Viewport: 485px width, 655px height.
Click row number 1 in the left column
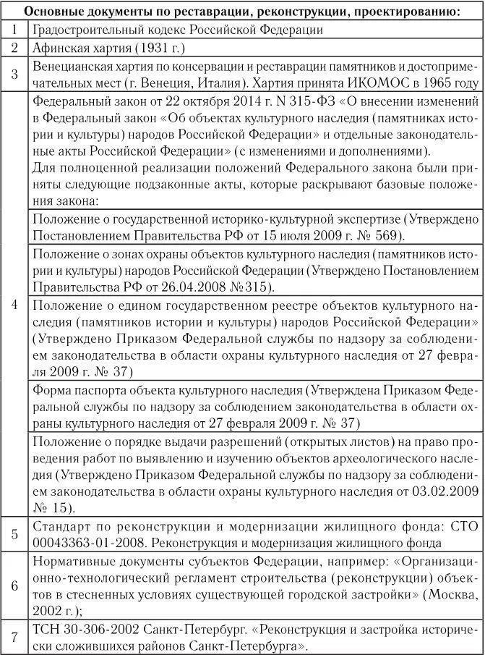(x=14, y=30)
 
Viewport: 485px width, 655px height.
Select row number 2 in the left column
(x=14, y=48)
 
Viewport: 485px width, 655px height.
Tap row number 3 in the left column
(x=14, y=74)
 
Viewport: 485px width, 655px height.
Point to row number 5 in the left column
(x=14, y=534)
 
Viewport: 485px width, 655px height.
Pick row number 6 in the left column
(x=14, y=586)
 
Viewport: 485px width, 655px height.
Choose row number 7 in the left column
(x=14, y=637)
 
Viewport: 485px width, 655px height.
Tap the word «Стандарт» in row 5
(x=61, y=526)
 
